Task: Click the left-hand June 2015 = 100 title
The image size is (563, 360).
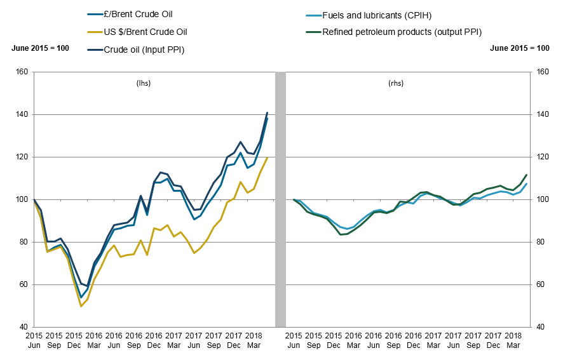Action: (40, 48)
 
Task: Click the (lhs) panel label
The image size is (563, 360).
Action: (144, 83)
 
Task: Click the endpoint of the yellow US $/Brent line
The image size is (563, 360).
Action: (267, 157)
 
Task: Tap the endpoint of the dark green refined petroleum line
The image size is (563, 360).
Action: (527, 175)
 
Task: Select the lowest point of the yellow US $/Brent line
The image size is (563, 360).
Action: (81, 306)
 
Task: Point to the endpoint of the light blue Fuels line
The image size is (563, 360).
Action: (527, 184)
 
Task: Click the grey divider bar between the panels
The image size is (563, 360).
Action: (280, 199)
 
